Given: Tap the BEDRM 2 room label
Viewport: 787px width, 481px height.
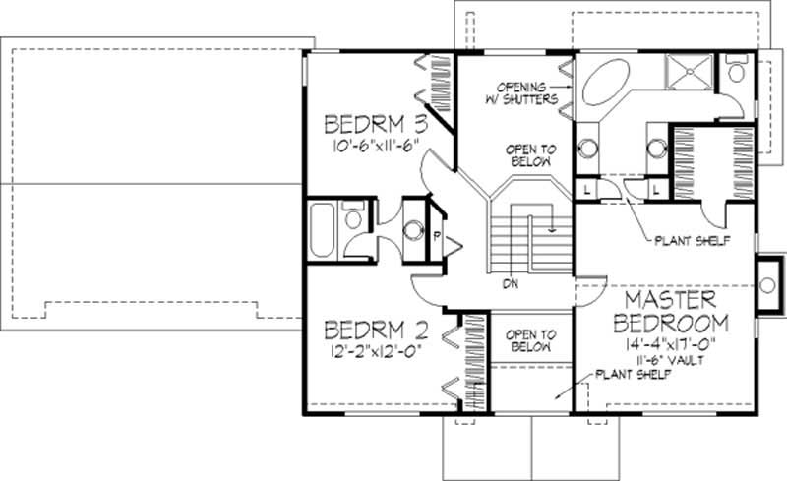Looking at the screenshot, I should (374, 328).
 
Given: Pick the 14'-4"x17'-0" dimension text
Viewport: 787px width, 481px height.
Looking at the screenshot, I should (673, 344).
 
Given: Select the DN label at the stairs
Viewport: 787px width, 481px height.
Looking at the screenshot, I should (510, 284).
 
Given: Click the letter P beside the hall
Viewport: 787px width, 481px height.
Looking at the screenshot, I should (436, 237).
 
